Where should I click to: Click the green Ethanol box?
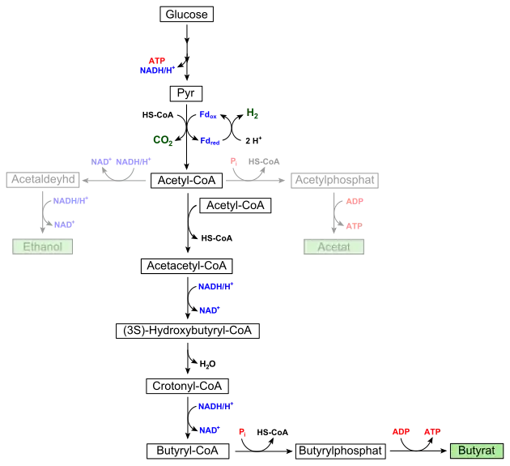click(42, 246)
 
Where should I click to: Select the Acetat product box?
click(334, 246)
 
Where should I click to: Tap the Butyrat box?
click(476, 451)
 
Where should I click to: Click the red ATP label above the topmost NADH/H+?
click(157, 60)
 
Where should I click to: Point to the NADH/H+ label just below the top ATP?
click(156, 71)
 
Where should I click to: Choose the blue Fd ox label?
click(209, 117)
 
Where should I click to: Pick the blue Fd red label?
click(210, 142)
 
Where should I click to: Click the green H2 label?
click(253, 112)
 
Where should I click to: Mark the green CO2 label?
click(162, 140)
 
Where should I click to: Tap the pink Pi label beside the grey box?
click(233, 161)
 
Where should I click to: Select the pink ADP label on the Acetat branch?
click(355, 201)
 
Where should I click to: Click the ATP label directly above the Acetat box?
click(354, 226)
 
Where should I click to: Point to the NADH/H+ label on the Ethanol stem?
click(70, 200)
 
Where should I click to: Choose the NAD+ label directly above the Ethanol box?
click(64, 225)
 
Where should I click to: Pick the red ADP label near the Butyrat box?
click(400, 433)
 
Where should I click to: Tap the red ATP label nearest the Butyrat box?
click(431, 433)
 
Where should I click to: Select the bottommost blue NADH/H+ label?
click(215, 406)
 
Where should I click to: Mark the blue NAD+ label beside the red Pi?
click(209, 430)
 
